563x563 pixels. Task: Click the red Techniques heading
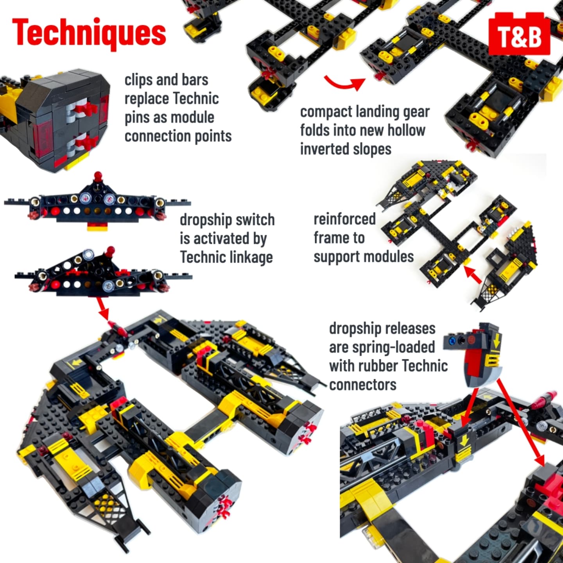(x=89, y=34)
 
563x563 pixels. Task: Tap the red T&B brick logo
(x=519, y=34)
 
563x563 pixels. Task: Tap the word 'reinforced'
(x=345, y=219)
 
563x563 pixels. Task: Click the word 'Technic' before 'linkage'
(x=201, y=257)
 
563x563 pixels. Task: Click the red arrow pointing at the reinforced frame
(x=473, y=276)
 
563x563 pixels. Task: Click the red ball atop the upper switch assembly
(x=98, y=176)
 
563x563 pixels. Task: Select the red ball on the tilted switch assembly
(x=111, y=250)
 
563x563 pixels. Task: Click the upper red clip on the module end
(x=86, y=109)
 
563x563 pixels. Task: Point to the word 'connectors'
(x=363, y=385)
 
